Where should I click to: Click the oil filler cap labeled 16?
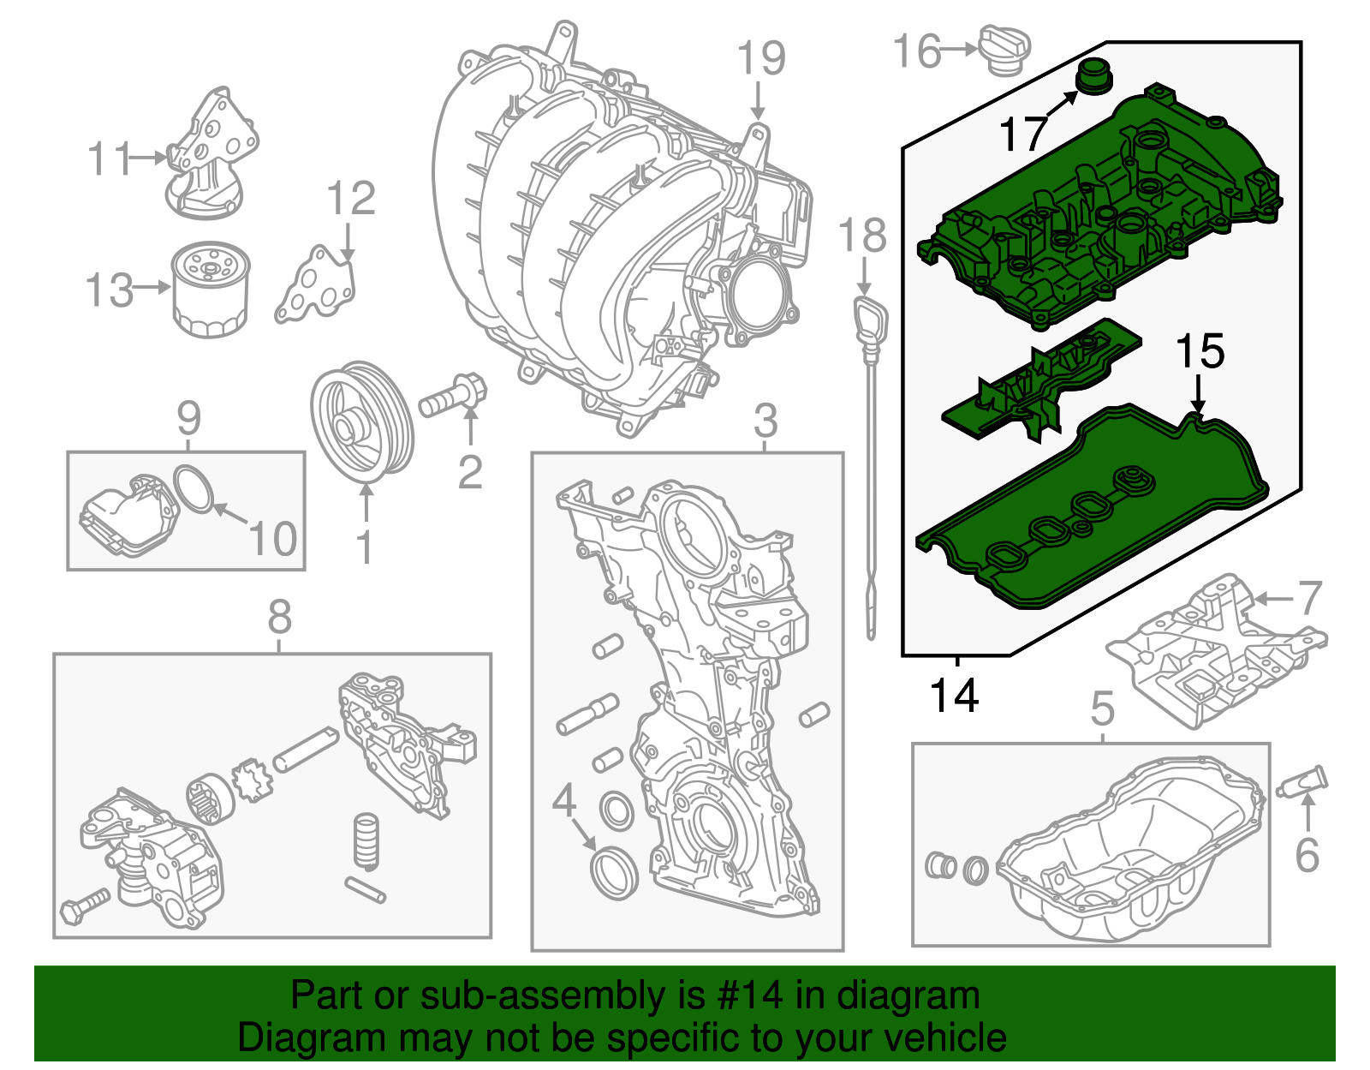click(1004, 49)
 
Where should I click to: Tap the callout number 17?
click(1023, 134)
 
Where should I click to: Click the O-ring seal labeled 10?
click(194, 489)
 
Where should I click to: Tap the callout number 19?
click(761, 58)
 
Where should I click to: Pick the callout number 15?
click(1200, 351)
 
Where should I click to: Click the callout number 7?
click(1310, 597)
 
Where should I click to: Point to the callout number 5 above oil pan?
click(1103, 708)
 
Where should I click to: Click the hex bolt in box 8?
click(84, 906)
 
